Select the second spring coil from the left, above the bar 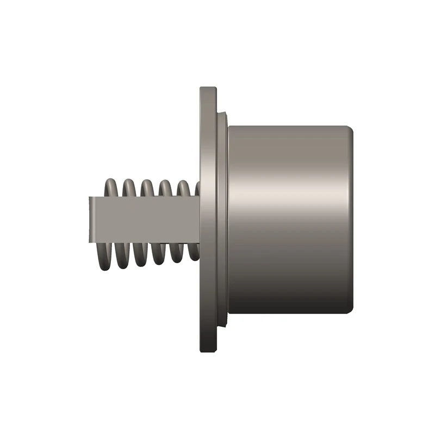pyautogui.click(x=129, y=187)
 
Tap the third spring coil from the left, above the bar pyautogui.click(x=147, y=187)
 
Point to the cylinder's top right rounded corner pyautogui.click(x=350, y=129)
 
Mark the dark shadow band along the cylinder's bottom pyautogui.click(x=288, y=304)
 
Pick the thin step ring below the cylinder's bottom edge pyautogui.click(x=223, y=321)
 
